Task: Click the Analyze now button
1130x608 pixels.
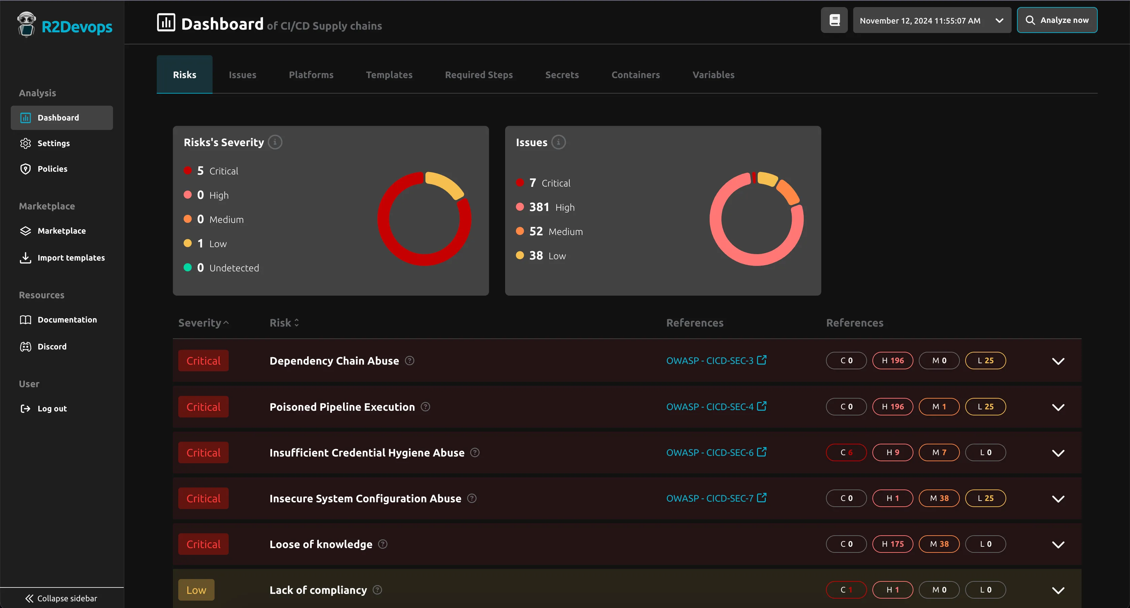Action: (x=1057, y=20)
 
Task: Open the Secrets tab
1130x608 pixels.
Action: (x=562, y=75)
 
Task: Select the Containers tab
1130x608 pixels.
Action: (x=635, y=75)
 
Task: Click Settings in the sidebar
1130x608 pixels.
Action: (x=53, y=143)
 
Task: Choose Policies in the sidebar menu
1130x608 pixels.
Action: (x=52, y=169)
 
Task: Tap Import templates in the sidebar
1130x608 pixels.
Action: (x=71, y=258)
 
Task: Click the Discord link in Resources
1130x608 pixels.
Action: (x=52, y=346)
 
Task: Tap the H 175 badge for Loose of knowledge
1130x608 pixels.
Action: (x=892, y=544)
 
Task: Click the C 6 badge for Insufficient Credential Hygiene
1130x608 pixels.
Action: (x=846, y=452)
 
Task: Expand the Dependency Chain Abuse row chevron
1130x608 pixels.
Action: (x=1058, y=361)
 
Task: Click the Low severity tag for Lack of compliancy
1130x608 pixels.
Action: (x=196, y=590)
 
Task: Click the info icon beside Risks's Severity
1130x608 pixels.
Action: (x=275, y=142)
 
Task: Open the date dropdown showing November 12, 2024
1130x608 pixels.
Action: (x=931, y=20)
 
